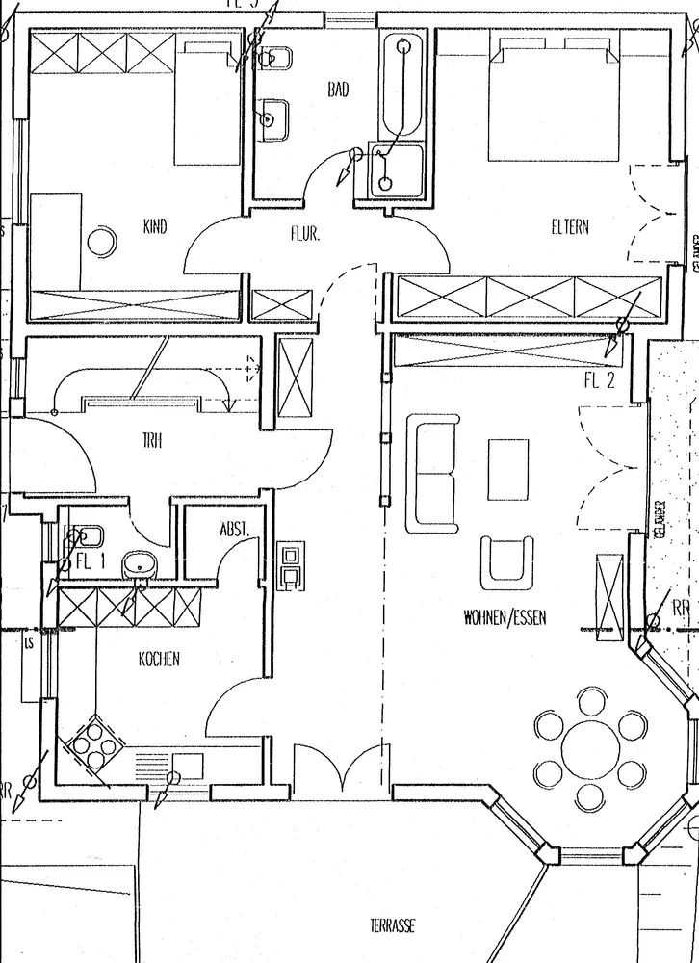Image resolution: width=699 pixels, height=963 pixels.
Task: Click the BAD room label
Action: point(338,90)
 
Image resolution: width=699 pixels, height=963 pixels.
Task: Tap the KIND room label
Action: point(154,227)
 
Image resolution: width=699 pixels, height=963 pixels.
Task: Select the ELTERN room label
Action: point(569,227)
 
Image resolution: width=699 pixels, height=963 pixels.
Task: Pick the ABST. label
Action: point(234,529)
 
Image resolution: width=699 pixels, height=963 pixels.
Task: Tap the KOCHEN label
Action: point(159,660)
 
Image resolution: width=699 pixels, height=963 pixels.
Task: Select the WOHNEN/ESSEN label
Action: point(504,617)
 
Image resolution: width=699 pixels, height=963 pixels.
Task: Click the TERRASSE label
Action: point(392,925)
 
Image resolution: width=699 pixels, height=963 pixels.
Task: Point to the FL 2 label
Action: point(598,378)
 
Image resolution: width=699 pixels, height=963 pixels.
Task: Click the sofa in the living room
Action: point(433,473)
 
